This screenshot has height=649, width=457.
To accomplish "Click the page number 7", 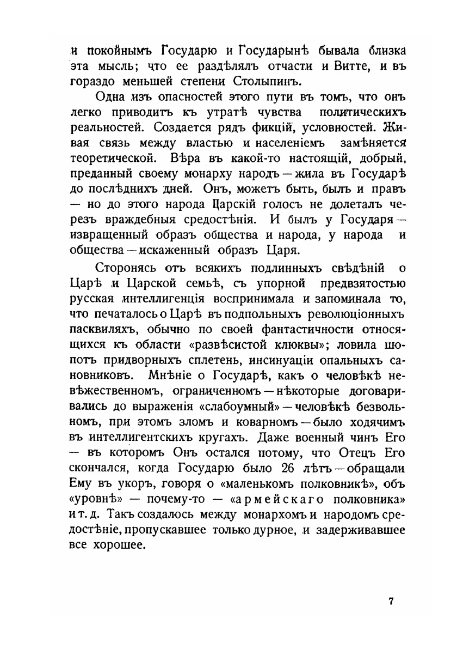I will click(391, 602).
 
